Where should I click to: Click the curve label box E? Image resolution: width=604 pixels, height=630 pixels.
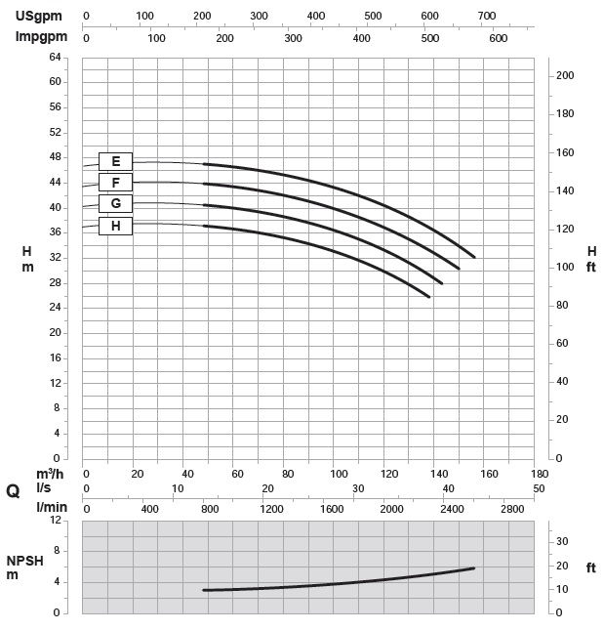pos(115,162)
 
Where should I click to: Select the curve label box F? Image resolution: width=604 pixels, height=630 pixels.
pos(115,183)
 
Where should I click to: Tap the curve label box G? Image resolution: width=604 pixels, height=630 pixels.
pos(115,204)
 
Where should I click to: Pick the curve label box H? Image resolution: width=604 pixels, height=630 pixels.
pos(115,226)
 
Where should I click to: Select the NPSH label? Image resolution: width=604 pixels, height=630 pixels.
pos(26,561)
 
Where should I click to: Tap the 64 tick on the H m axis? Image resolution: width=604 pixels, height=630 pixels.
pos(55,57)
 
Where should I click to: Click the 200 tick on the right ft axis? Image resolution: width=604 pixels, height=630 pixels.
pos(564,76)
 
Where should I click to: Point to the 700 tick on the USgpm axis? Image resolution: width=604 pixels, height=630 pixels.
pos(486,17)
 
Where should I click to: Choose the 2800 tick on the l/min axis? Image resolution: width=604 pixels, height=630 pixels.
pos(511,509)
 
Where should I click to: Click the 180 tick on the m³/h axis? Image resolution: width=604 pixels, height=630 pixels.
pos(540,474)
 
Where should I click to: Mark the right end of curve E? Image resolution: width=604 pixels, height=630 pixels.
pos(474,257)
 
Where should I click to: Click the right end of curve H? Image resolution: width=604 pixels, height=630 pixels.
pos(429,296)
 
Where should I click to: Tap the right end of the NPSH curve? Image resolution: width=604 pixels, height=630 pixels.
pos(474,567)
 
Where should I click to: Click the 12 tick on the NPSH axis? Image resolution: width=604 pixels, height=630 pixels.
pos(55,520)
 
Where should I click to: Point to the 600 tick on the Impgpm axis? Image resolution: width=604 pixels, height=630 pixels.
pos(499,38)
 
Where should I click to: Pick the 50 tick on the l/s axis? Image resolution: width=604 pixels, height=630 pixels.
pos(540,488)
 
